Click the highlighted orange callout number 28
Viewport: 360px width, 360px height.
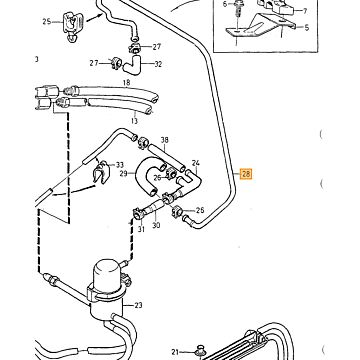tap(247, 174)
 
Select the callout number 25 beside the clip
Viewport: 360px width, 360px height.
tap(47, 22)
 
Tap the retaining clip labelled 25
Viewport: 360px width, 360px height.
tap(72, 26)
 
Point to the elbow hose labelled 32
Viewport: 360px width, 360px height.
tap(132, 65)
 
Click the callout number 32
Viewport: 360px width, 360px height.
tap(158, 64)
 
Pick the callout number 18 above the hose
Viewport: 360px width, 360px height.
tap(126, 82)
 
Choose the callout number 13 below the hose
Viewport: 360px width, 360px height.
tap(134, 121)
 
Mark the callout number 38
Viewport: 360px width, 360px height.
tap(165, 140)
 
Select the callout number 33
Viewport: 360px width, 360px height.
tap(120, 165)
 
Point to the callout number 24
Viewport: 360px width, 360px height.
tap(196, 163)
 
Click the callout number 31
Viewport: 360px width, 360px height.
tap(141, 230)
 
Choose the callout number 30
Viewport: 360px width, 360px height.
tap(156, 226)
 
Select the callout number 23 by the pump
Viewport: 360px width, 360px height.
tap(138, 305)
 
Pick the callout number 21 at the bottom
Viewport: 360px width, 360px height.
tap(176, 352)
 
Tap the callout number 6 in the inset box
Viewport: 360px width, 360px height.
tap(224, 4)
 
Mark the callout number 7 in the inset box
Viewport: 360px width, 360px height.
tap(305, 11)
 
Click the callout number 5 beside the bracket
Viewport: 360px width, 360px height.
tap(307, 28)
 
